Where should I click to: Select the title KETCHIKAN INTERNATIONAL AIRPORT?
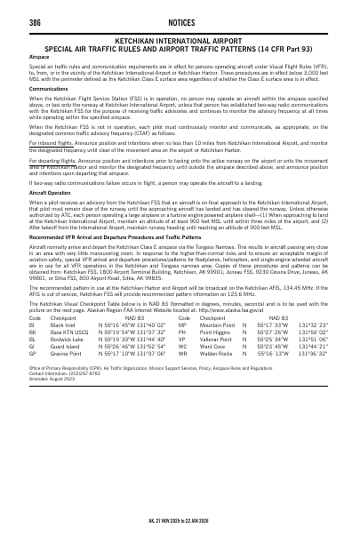coord(180,40)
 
